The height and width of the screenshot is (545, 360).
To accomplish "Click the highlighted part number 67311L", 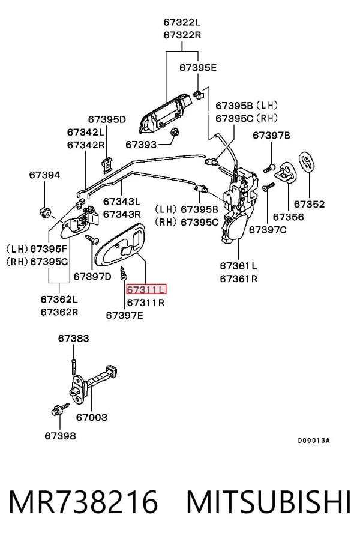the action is [x=146, y=289].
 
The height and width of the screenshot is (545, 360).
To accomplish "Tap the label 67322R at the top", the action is [x=182, y=35].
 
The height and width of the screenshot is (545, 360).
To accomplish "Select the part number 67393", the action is [x=141, y=144].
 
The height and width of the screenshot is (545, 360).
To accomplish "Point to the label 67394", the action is [x=44, y=175].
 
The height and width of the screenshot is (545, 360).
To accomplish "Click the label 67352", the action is [x=309, y=204].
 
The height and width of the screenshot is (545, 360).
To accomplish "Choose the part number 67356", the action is [x=289, y=217].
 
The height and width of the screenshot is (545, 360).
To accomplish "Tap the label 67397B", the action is [x=271, y=135].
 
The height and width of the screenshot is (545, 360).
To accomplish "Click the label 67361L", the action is [x=239, y=266].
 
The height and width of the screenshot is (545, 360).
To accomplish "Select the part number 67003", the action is [x=92, y=417].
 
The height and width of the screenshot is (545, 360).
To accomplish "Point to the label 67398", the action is [x=60, y=436].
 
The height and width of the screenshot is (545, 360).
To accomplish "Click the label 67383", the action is [x=73, y=338].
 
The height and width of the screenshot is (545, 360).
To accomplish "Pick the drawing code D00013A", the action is [x=314, y=441].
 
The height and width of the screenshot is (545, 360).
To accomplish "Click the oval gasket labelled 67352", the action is [x=305, y=161].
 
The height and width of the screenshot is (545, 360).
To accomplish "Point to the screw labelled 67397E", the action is [x=123, y=273].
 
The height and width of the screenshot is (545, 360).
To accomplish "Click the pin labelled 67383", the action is [x=74, y=366].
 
